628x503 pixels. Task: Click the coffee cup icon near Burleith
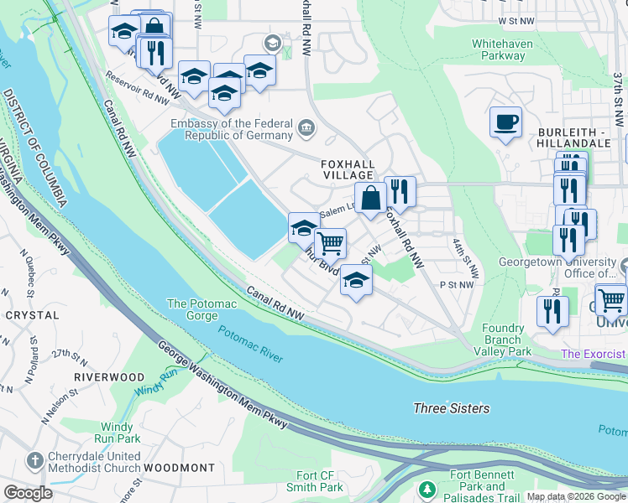pyautogui.click(x=505, y=122)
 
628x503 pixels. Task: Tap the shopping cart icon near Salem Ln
pyautogui.click(x=331, y=244)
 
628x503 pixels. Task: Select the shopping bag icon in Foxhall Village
pyautogui.click(x=370, y=200)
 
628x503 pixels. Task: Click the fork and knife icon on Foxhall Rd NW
pyautogui.click(x=400, y=192)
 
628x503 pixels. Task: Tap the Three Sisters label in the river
pyautogui.click(x=452, y=408)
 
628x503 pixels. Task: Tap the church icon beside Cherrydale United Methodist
pyautogui.click(x=34, y=460)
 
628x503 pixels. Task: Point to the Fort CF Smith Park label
pyautogui.click(x=320, y=481)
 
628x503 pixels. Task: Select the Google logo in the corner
pyautogui.click(x=28, y=493)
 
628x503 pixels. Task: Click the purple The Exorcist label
pyautogui.click(x=594, y=354)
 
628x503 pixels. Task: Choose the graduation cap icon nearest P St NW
pyautogui.click(x=356, y=283)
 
